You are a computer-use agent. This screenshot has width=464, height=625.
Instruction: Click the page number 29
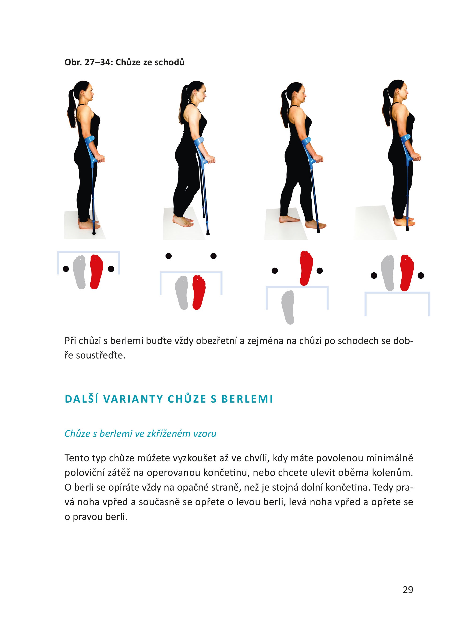click(x=407, y=589)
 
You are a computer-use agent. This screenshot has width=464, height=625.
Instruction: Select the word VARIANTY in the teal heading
click(x=133, y=399)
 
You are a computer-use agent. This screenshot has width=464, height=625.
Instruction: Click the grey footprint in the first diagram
click(x=79, y=272)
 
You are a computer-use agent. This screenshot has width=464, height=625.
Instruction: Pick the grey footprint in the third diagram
click(x=288, y=307)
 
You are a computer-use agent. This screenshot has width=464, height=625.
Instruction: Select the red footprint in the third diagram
click(x=306, y=268)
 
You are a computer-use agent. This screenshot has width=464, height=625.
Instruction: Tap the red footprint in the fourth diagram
click(x=407, y=273)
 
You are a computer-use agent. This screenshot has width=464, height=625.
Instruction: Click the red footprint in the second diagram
click(x=199, y=292)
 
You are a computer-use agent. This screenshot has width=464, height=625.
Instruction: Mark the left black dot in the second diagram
click(x=169, y=256)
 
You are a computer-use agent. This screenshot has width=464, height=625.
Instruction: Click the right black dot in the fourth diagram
click(x=421, y=276)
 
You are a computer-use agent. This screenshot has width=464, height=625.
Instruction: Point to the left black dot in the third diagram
click(x=275, y=271)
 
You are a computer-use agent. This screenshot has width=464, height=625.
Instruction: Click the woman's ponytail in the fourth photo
click(x=386, y=105)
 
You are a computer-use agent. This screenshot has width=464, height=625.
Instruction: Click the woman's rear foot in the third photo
click(x=288, y=219)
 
